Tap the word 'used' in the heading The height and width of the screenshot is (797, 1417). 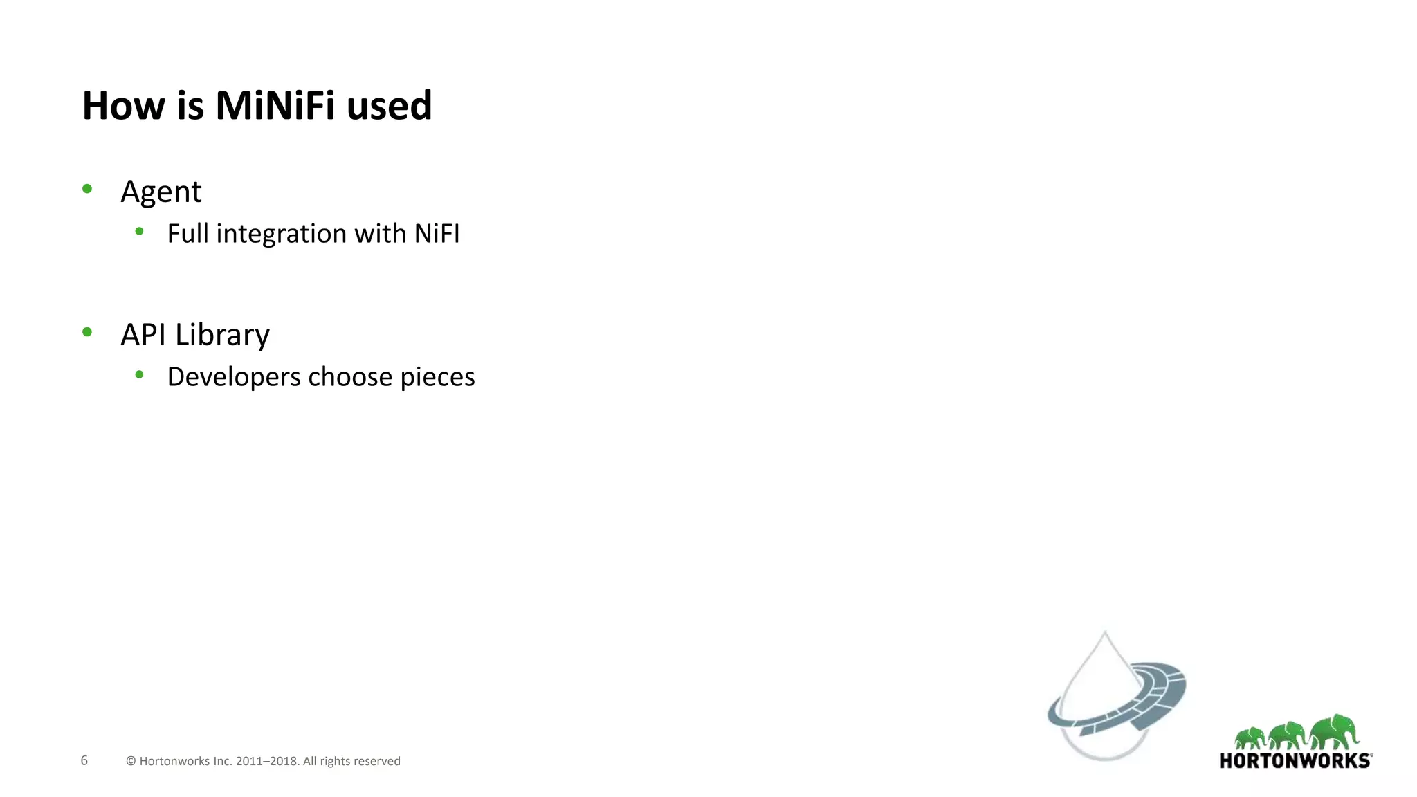tap(389, 107)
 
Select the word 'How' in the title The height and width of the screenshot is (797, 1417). tap(124, 106)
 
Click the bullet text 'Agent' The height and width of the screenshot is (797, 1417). tap(161, 192)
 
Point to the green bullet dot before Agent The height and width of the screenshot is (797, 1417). tap(87, 189)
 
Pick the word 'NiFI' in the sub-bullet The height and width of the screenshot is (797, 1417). tap(437, 234)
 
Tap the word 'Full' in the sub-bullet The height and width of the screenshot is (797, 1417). tap(188, 234)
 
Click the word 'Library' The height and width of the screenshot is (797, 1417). tap(222, 336)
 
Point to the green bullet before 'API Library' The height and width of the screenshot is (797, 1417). tap(87, 332)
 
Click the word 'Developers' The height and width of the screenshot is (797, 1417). tap(234, 378)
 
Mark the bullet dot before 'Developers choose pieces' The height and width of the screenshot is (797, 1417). tap(140, 374)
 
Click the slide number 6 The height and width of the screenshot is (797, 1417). tap(84, 760)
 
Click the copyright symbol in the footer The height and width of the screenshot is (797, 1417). tap(131, 761)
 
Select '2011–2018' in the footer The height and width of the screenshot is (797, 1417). tap(267, 761)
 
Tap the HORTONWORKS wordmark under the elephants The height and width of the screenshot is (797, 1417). tap(1295, 761)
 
